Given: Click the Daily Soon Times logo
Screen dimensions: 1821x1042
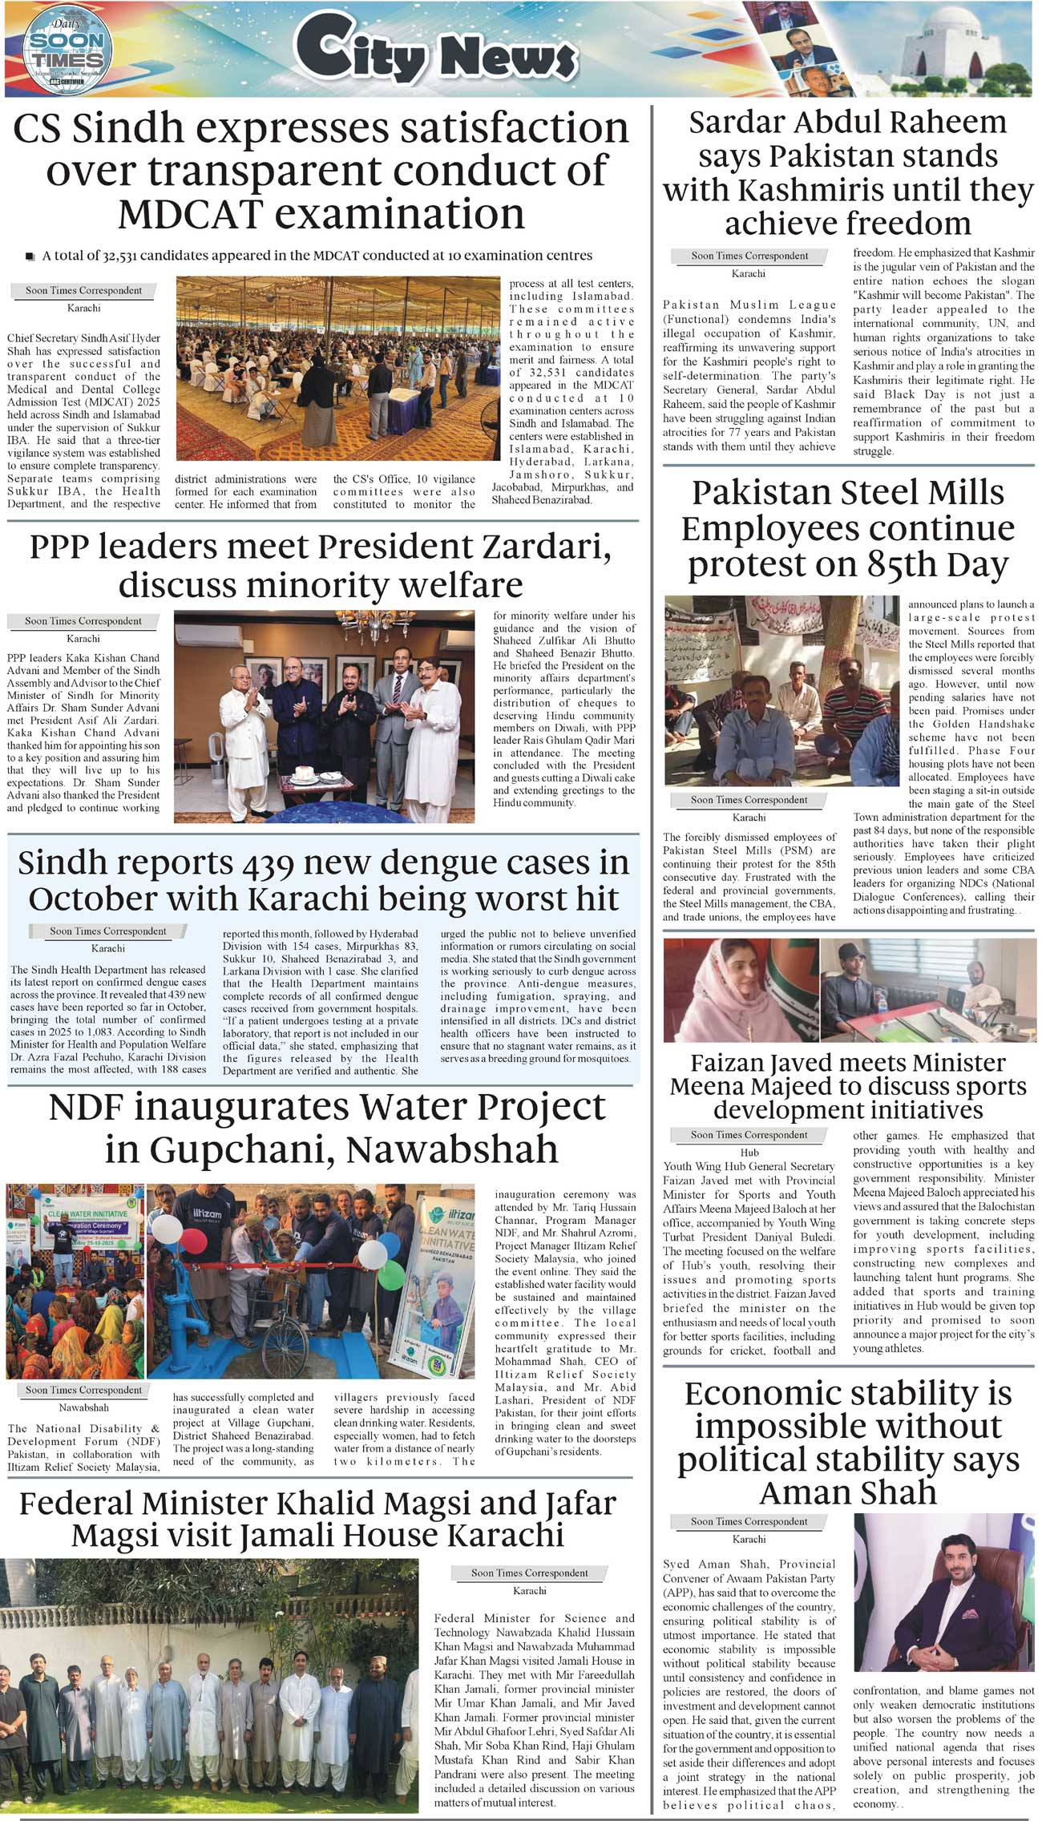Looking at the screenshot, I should point(67,50).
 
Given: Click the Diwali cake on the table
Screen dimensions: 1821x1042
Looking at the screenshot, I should point(304,773).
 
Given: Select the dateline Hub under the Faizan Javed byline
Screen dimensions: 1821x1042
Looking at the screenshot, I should point(749,1152).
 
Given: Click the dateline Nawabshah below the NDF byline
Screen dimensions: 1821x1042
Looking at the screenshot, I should point(84,1407).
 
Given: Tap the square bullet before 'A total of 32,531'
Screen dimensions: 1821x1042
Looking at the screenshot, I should point(30,256).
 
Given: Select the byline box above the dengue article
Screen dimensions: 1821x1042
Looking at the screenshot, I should point(107,931).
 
